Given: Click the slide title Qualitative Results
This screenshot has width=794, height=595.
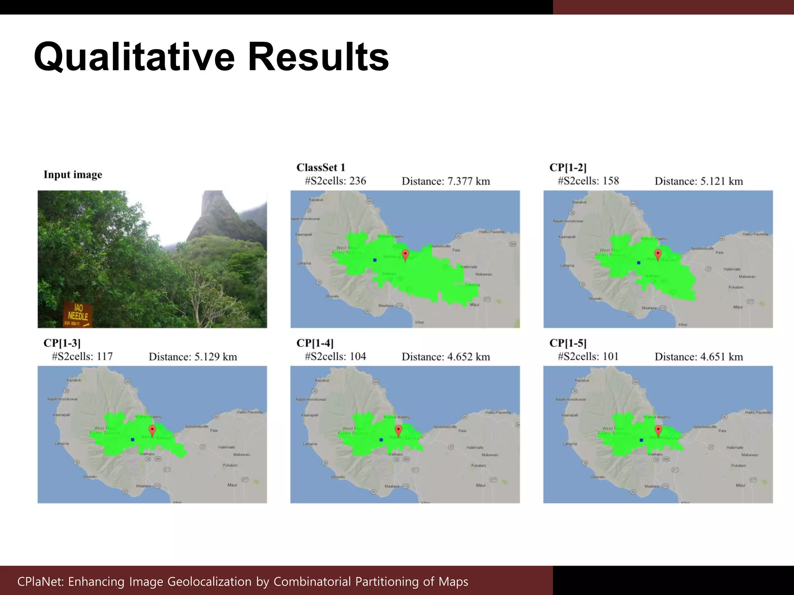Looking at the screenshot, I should tap(211, 57).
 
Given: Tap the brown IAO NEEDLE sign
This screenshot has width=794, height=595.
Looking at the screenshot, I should tap(78, 314).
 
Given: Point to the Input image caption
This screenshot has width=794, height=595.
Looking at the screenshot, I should tap(73, 175).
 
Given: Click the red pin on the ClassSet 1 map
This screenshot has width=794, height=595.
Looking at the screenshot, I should tap(405, 255).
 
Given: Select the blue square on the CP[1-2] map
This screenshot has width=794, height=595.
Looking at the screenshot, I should tap(639, 263).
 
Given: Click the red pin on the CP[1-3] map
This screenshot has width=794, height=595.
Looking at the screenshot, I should tap(152, 430).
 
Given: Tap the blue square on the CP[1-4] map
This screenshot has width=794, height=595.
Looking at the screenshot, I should tap(381, 440).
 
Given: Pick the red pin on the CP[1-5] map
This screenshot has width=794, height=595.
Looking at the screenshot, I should tap(658, 430).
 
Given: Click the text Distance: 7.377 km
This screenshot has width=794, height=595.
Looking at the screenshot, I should tap(445, 181).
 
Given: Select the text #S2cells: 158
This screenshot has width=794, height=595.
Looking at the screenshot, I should tap(588, 181).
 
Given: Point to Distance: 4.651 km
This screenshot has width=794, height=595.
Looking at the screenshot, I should tap(699, 357).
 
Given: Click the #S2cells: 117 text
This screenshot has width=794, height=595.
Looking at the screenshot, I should tap(82, 356).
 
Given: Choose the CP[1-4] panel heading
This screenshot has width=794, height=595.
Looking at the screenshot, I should tap(315, 343).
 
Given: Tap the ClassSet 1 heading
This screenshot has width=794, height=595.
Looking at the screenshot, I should tap(321, 168).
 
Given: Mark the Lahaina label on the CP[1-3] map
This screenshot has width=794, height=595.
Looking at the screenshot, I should tap(62, 444).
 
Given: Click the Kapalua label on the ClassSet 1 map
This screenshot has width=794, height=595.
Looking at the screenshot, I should tap(316, 200).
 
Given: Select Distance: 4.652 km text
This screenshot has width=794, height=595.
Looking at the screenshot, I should tap(445, 357).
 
